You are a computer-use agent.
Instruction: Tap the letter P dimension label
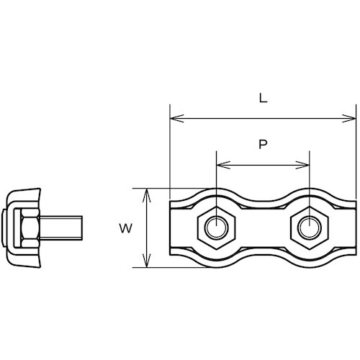coord(263,144)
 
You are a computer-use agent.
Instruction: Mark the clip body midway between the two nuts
coord(263,229)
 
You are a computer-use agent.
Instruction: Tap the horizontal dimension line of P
coord(263,163)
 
